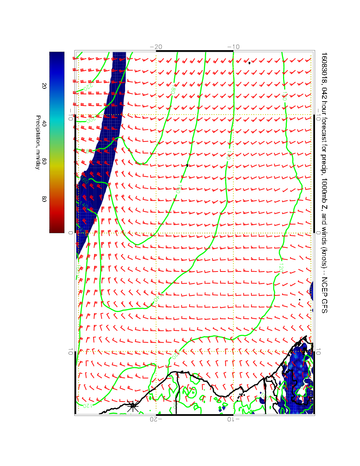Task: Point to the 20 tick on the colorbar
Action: (44, 86)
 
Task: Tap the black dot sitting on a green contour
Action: (188, 165)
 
